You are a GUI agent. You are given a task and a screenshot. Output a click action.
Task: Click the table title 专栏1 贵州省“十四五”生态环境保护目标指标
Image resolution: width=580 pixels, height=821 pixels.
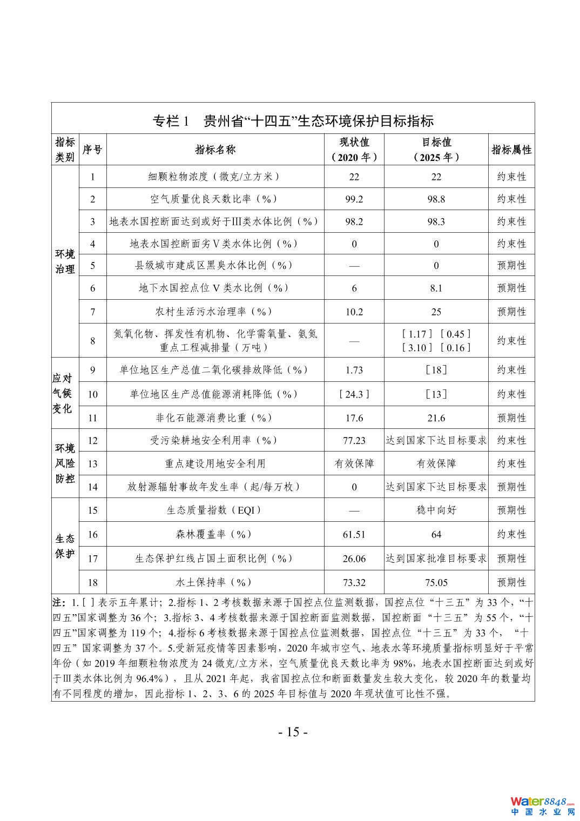coord(293,120)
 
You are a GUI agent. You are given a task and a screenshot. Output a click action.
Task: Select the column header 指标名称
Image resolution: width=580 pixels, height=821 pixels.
coord(215,150)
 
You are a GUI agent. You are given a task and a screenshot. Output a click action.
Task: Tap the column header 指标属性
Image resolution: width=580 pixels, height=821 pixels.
coord(511,150)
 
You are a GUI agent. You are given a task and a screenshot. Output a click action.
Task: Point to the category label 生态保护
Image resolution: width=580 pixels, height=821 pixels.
coord(65,546)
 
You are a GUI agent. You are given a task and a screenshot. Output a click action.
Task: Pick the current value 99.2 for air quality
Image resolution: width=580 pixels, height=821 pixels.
coord(354,199)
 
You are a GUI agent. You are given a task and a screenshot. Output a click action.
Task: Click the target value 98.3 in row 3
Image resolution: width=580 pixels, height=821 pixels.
coord(436,221)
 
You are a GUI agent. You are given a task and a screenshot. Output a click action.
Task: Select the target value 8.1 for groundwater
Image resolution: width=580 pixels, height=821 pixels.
coord(436,288)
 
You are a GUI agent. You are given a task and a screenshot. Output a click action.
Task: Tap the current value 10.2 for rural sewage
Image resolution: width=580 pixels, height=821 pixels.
coord(354,312)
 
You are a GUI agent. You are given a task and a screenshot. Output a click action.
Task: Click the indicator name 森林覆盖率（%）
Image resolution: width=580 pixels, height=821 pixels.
coord(214,534)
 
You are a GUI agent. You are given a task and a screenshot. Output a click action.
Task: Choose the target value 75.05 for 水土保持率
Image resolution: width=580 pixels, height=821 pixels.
coord(436,582)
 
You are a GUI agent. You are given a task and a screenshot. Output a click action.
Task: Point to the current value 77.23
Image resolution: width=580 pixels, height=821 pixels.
coord(354,440)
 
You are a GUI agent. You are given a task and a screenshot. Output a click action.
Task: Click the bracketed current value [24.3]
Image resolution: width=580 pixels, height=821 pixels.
coord(354,394)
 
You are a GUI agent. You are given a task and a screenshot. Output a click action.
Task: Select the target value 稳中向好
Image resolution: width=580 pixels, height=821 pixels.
coord(436,510)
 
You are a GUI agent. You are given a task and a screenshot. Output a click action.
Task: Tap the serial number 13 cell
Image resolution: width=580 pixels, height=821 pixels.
coord(92,463)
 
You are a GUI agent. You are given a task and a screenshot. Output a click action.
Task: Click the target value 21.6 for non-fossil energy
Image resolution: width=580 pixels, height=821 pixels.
coord(436,418)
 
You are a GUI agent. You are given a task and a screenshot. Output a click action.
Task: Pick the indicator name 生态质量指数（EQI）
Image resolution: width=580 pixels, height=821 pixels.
coord(214,510)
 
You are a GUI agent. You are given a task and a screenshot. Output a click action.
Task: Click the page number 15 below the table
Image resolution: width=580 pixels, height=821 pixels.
coord(293,732)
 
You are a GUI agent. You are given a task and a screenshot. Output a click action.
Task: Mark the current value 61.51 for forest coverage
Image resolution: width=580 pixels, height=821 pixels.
coord(354,534)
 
